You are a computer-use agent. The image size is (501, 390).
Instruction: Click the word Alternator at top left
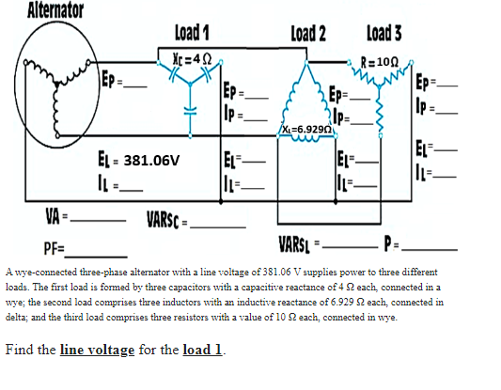(55, 11)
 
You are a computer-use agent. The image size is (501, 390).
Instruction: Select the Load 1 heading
(192, 33)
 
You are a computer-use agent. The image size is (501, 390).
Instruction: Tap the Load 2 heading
(309, 33)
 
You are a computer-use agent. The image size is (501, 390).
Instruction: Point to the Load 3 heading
(385, 33)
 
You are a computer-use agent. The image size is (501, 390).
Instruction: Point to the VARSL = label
(301, 246)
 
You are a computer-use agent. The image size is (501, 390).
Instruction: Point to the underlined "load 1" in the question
(202, 351)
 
